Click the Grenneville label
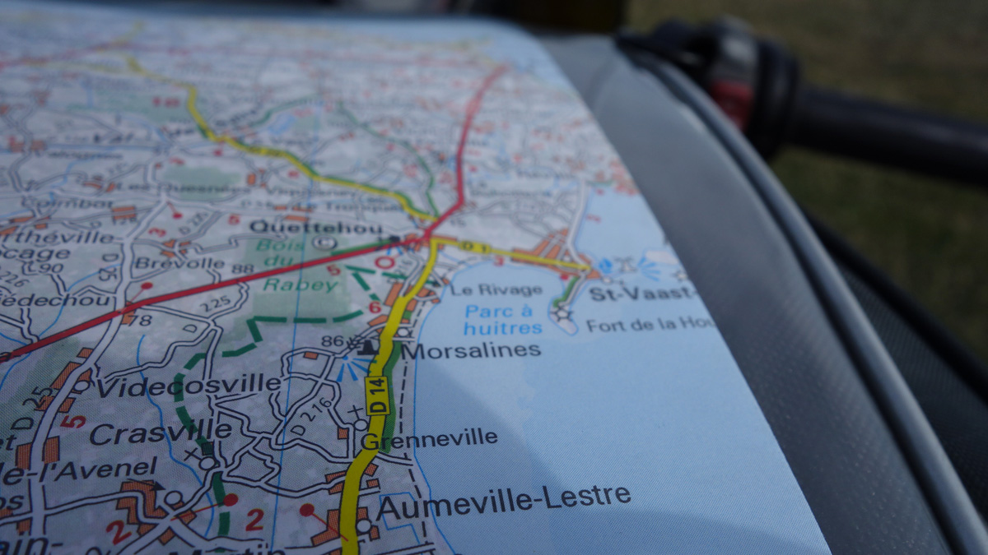(429, 439)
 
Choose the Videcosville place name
(189, 385)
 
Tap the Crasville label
(160, 431)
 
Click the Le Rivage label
(496, 289)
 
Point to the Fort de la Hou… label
(650, 325)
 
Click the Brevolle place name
(179, 264)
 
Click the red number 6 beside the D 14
(375, 308)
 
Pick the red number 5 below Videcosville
(73, 420)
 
